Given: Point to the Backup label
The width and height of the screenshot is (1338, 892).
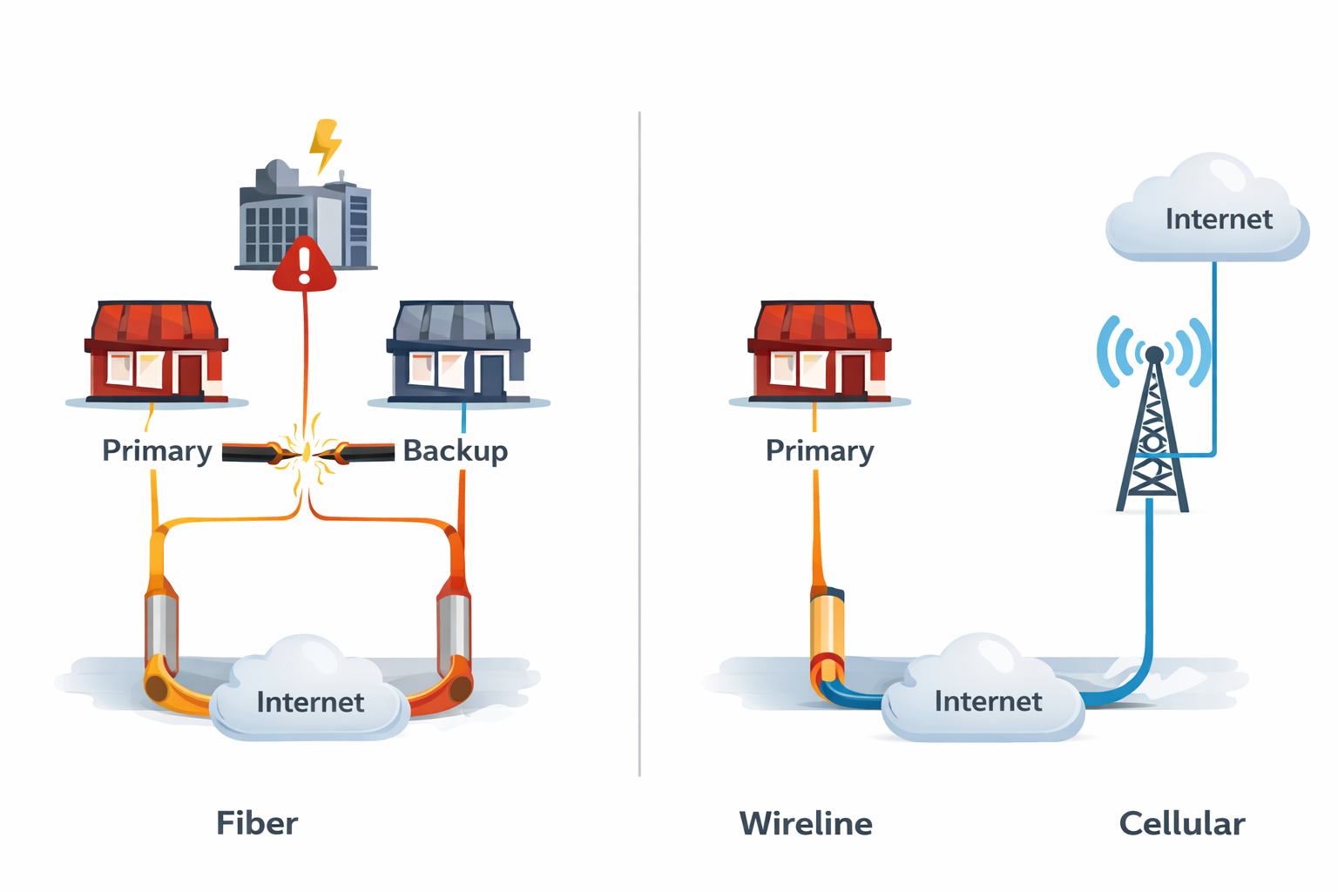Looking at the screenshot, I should (x=455, y=451).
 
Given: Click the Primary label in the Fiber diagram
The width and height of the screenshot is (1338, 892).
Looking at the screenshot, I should (x=157, y=451).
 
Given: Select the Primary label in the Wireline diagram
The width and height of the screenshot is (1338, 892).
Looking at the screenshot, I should (x=820, y=451).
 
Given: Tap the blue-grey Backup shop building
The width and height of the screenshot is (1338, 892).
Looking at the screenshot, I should (x=458, y=353).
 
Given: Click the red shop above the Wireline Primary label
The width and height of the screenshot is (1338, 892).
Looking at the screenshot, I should (x=819, y=353).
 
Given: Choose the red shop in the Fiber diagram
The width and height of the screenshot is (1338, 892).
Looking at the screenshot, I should (x=157, y=353).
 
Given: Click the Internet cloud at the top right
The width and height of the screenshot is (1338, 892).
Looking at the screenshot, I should (x=1209, y=213).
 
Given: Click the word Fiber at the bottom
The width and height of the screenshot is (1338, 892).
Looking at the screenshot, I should (x=257, y=823).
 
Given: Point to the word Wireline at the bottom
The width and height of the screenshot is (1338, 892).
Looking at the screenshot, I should (x=806, y=823).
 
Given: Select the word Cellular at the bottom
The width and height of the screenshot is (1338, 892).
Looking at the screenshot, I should (x=1182, y=823).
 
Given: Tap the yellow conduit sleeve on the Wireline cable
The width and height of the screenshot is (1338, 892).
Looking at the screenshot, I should (x=828, y=627).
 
